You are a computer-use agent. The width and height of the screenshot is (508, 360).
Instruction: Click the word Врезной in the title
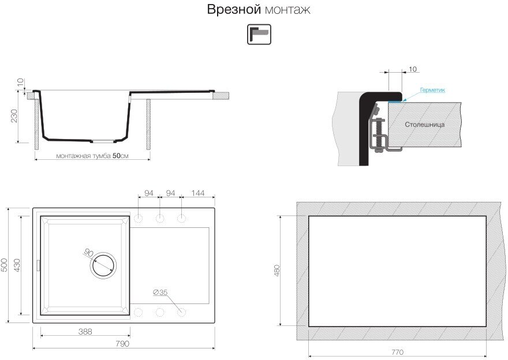[234, 9]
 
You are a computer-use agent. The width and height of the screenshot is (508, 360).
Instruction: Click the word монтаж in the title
[287, 10]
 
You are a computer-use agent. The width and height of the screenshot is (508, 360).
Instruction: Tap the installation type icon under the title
[259, 34]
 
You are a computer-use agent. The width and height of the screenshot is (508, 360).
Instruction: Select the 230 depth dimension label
[14, 116]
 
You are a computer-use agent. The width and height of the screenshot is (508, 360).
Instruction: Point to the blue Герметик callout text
[432, 90]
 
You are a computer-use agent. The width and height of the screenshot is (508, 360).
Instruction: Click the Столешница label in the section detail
[424, 124]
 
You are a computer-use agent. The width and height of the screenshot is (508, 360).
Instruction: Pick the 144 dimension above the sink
[197, 193]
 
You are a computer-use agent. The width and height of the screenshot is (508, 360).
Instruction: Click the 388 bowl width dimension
[85, 332]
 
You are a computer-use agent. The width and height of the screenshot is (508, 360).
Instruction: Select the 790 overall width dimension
[122, 343]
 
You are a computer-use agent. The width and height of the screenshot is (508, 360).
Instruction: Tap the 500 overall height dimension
[5, 265]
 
